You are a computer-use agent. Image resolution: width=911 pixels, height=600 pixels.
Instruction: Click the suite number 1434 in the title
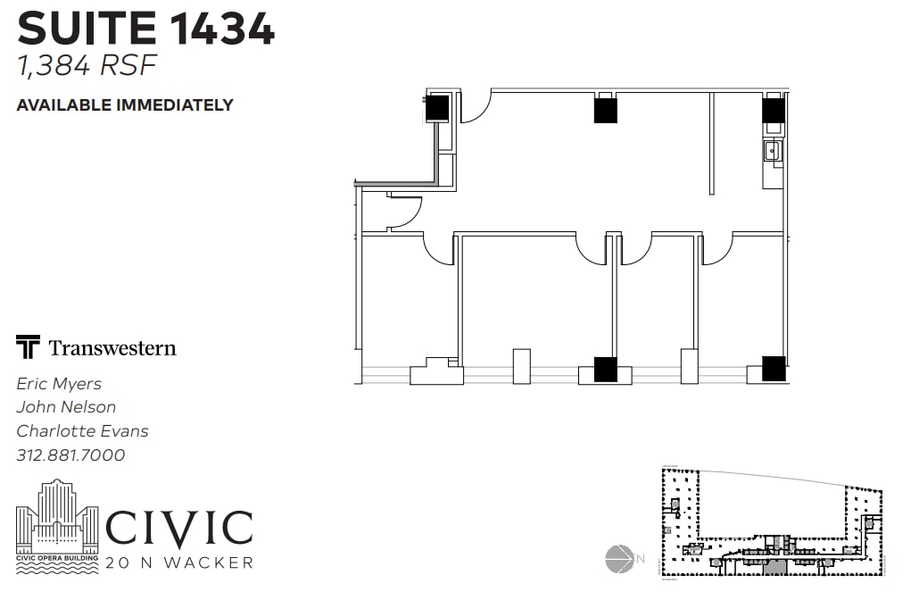tap(222, 29)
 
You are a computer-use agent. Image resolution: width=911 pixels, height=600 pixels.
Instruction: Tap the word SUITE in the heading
tap(87, 29)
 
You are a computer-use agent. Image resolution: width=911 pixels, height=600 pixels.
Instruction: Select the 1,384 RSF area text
tap(87, 65)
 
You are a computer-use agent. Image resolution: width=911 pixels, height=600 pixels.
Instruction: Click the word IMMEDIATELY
tap(175, 105)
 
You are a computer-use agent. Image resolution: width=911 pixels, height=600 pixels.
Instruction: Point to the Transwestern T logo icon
tap(28, 346)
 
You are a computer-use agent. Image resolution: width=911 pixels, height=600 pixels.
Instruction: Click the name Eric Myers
tap(59, 384)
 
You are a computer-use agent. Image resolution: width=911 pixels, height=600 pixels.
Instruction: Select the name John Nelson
tap(66, 407)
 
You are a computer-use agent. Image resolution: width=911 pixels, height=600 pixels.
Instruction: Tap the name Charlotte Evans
tap(82, 431)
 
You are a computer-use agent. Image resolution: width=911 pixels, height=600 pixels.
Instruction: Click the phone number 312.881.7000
tap(70, 454)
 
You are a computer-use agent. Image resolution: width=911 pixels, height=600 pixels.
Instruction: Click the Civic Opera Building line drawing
tap(57, 526)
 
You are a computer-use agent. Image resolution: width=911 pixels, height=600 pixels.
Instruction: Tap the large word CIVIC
tap(179, 528)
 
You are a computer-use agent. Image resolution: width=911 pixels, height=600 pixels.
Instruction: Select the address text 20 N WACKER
tap(179, 562)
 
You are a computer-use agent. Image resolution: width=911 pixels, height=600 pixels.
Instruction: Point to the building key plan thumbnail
tap(772, 521)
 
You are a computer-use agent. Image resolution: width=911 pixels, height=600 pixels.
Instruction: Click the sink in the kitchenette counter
tap(772, 152)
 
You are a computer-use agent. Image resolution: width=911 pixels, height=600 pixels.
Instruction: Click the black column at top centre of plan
tap(605, 111)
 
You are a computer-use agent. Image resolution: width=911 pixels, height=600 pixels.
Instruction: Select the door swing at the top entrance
tap(476, 107)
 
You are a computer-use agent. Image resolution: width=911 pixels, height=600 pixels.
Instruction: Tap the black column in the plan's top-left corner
tap(437, 108)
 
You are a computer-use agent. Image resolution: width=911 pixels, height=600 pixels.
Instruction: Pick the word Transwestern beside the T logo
tap(112, 347)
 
